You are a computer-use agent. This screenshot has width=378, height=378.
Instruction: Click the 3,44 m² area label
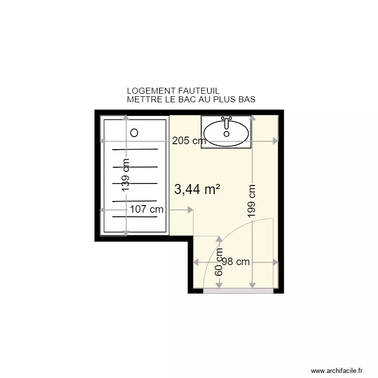pos(197,190)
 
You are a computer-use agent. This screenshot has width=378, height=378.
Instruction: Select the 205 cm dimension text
pos(188,141)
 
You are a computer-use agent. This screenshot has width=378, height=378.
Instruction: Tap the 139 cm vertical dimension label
pos(126,175)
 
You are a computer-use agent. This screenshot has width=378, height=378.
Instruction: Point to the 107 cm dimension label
pos(146,210)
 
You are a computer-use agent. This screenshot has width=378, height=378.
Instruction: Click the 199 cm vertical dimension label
pos(252,200)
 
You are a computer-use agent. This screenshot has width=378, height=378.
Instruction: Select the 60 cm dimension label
pos(219,262)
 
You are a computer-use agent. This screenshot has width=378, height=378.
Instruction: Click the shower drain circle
pos(134,133)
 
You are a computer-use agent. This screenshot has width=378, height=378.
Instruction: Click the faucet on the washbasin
pos(227,122)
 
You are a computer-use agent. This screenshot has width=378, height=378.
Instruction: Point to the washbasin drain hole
pos(226,134)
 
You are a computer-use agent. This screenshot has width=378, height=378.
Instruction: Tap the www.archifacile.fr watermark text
pos(337,370)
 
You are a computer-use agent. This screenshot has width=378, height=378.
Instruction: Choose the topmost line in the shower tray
pos(135,150)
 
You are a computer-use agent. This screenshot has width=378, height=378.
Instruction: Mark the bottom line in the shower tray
pos(135,217)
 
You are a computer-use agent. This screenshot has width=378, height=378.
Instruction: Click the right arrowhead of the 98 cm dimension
pos(275,262)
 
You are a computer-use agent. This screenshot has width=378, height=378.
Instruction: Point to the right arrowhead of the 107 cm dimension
pos(191,210)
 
